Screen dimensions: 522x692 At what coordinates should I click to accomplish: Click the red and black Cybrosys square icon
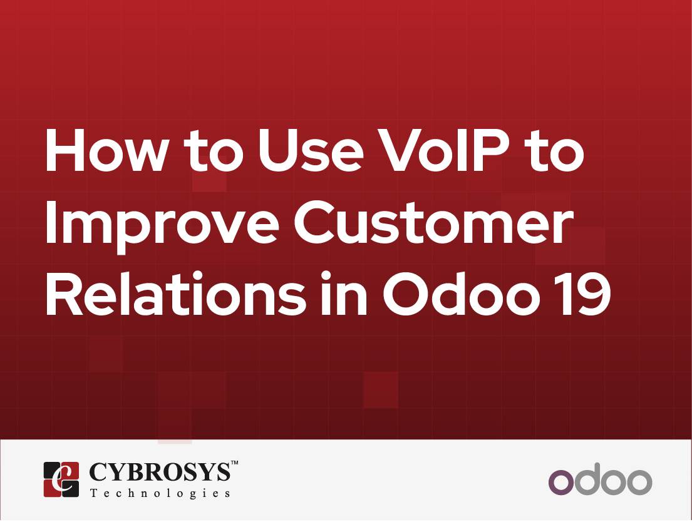[61, 479]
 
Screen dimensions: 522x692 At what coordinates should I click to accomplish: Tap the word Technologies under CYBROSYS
[160, 493]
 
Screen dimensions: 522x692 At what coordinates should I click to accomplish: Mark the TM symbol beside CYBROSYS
[235, 463]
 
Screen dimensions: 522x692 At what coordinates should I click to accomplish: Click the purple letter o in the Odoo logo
[562, 481]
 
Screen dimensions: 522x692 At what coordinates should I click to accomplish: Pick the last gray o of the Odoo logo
[639, 481]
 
